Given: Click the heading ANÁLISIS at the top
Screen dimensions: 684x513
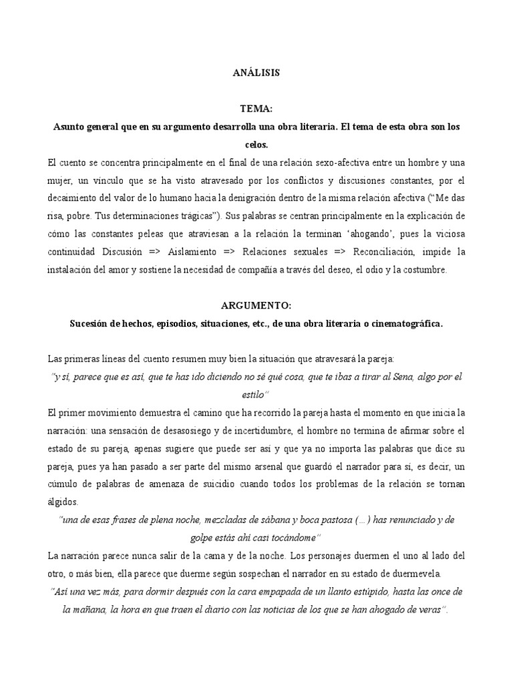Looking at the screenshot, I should (256, 73).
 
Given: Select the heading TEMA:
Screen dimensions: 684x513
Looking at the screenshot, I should (256, 108).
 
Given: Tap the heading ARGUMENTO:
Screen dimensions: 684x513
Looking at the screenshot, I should (256, 305).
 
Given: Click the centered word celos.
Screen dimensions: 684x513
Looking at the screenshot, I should (256, 144).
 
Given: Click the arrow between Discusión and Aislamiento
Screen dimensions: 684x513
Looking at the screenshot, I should (157, 252).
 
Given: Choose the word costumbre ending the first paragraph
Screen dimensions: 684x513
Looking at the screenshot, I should (429, 270).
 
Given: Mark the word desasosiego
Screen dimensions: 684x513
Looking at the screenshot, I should (200, 430).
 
